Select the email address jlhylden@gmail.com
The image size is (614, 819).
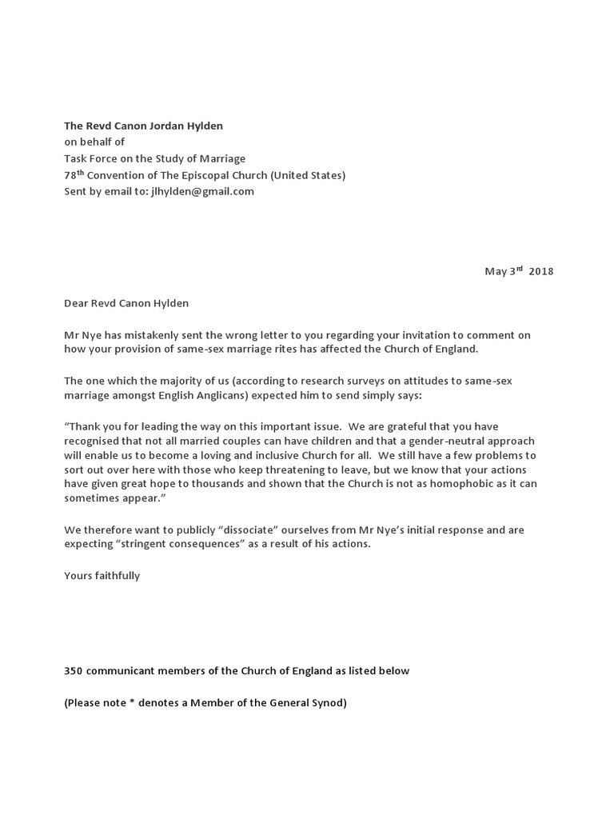202,191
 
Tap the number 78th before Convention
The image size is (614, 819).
74,174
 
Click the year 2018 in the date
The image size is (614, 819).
540,271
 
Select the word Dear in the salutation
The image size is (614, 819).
77,303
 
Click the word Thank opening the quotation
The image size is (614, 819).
86,426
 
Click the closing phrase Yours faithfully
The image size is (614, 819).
102,576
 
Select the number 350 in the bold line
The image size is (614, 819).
74,671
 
